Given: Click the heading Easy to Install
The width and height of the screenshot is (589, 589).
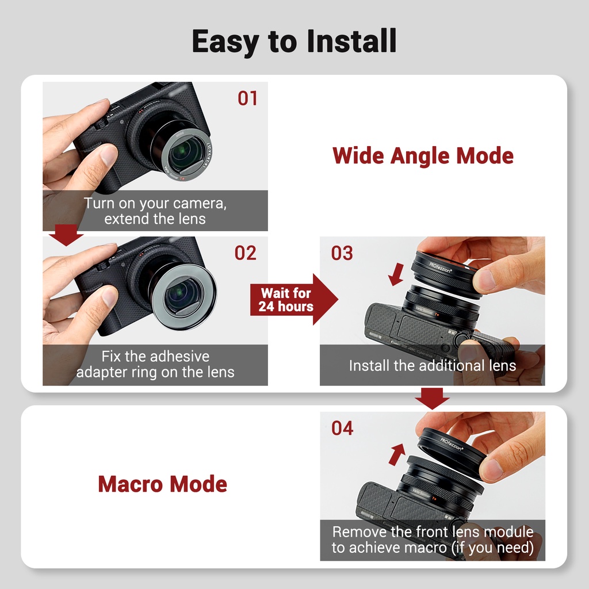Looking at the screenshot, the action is [x=294, y=41].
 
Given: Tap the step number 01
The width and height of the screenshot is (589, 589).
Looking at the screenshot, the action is [x=247, y=98].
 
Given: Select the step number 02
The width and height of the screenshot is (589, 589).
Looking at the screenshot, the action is [x=246, y=253].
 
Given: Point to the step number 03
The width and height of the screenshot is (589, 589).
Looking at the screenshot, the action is [x=342, y=253].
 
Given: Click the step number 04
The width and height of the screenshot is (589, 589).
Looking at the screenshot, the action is [x=342, y=428].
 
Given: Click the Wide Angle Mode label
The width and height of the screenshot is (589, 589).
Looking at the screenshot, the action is [x=423, y=156].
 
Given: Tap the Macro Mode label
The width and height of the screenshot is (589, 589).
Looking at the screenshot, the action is [x=162, y=484].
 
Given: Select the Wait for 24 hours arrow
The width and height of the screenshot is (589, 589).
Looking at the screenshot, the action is [x=294, y=299].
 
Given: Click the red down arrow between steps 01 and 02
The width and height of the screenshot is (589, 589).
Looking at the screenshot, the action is [x=66, y=235].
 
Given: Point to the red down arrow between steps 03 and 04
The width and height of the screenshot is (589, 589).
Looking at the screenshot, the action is [x=432, y=398].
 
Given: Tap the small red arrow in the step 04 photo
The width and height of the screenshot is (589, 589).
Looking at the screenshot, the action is [x=397, y=454].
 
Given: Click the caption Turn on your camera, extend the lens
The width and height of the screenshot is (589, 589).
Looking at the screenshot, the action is [x=155, y=211].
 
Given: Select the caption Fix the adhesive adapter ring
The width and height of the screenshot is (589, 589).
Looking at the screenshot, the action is [x=155, y=364].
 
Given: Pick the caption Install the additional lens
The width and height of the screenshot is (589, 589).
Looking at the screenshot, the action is [x=433, y=365].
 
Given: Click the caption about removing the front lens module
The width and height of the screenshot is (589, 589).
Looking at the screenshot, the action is [x=433, y=540].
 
